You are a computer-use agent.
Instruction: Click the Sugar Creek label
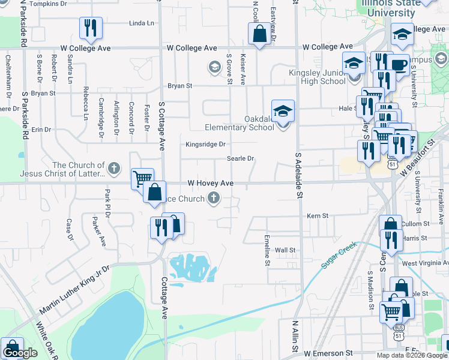339,254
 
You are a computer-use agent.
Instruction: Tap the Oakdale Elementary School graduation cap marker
283,112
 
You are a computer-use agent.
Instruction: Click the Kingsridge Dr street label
205,145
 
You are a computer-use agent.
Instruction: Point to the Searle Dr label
241,159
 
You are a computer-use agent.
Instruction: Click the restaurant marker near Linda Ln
91,27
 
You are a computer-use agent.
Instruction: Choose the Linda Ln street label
142,23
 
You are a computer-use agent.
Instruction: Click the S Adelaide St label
298,174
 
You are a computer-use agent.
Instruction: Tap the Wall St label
285,250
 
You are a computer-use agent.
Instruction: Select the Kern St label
318,215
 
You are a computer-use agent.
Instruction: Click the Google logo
20,353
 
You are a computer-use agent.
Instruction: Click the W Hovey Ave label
210,182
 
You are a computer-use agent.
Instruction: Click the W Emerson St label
328,354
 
